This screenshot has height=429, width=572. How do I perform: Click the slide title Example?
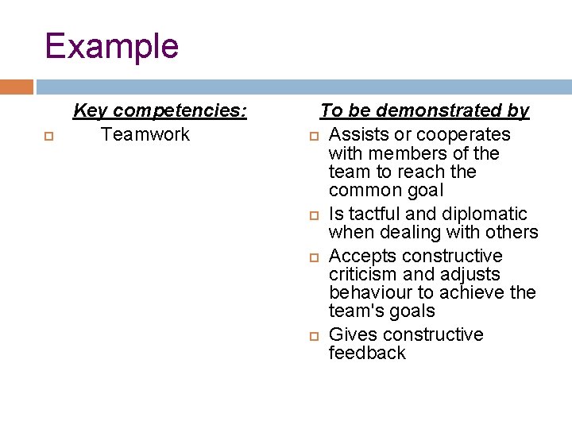pyautogui.click(x=111, y=46)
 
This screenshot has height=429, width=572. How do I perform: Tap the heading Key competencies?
pyautogui.click(x=160, y=110)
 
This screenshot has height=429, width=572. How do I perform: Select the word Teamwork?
pyautogui.click(x=145, y=134)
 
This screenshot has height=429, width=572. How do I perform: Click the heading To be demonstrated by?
pyautogui.click(x=424, y=110)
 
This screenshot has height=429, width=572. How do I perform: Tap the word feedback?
pyautogui.click(x=367, y=353)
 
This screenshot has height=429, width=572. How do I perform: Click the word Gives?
pyautogui.click(x=350, y=334)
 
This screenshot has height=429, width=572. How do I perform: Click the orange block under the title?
pyautogui.click(x=17, y=87)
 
